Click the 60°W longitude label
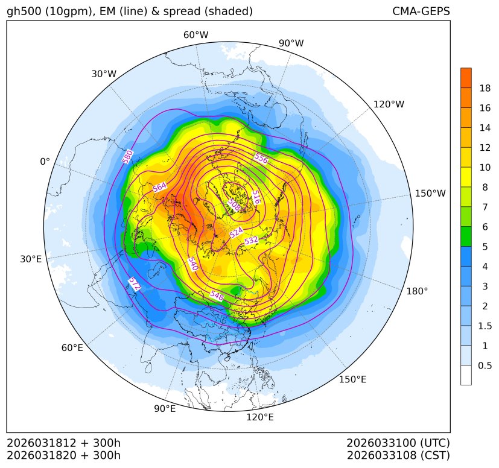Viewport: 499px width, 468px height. (x=195, y=35)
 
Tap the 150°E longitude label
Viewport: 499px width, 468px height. (x=352, y=379)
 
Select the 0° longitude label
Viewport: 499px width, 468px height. (x=45, y=162)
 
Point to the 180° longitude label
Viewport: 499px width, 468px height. (x=417, y=291)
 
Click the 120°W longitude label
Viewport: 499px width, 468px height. (x=389, y=104)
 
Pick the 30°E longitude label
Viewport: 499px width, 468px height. (x=31, y=259)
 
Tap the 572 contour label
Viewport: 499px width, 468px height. (x=135, y=285)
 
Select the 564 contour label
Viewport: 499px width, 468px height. (x=160, y=188)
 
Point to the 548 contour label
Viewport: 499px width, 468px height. (x=217, y=295)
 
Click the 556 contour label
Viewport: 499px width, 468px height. (x=261, y=159)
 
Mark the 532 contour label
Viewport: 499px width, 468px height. (x=251, y=240)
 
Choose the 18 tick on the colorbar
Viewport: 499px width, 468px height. (x=485, y=89)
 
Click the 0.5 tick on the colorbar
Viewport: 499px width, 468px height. (x=485, y=365)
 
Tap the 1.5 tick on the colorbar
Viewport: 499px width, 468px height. (x=485, y=326)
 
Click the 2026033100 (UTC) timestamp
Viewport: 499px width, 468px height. (x=398, y=443)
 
